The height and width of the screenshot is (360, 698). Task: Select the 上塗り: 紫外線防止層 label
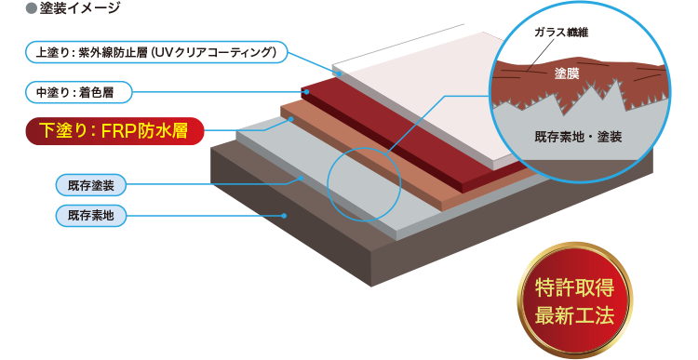click(x=154, y=52)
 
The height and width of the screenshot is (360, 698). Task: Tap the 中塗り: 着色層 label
click(x=80, y=91)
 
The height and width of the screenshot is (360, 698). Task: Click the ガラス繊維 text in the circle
click(x=562, y=33)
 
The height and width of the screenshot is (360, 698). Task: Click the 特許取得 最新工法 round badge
click(x=574, y=300)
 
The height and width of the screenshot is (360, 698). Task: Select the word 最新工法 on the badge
click(x=574, y=314)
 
